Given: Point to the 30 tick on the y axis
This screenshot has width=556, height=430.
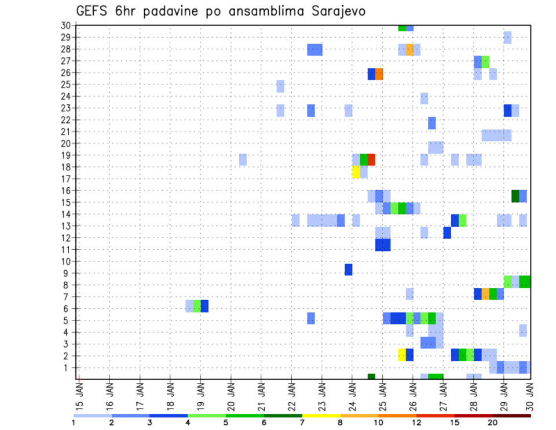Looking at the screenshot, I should [x=65, y=25].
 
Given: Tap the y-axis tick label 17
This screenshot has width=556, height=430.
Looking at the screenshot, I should [x=65, y=178].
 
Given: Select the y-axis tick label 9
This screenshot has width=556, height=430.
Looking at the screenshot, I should [x=68, y=273].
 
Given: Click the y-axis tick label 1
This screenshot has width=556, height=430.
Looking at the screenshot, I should [x=68, y=367].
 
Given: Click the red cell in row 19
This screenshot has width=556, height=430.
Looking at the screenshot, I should [x=371, y=159].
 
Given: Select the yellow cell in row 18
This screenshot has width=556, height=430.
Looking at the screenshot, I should [x=356, y=172].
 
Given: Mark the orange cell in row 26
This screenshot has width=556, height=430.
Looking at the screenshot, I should [x=379, y=74].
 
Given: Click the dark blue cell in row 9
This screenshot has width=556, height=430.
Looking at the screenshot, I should [x=349, y=269].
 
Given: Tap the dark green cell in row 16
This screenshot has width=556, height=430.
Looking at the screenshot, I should [x=515, y=196].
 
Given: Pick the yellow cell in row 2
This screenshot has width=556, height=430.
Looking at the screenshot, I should [x=402, y=355].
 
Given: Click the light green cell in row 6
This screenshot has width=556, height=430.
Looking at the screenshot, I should [x=197, y=306].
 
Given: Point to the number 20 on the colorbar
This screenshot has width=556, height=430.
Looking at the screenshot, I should [x=492, y=422].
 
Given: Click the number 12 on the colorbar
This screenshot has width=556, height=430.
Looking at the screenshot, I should [x=416, y=422].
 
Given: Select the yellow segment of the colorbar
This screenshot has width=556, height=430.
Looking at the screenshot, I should [x=321, y=416].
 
